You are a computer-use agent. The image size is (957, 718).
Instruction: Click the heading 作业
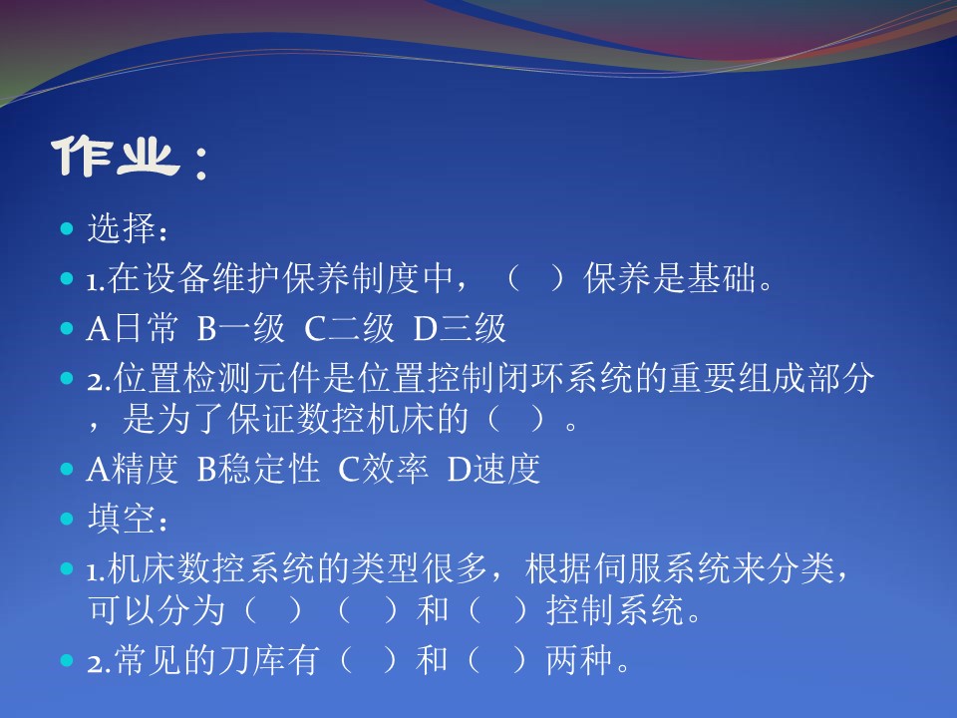tap(115, 158)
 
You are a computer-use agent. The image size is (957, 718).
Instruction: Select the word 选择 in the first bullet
tap(122, 228)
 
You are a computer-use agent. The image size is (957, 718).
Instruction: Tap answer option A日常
tap(132, 328)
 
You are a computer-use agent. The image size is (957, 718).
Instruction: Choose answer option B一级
tap(241, 328)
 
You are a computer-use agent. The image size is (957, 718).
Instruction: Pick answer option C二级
tap(350, 328)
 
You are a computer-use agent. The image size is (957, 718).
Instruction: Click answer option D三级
tap(460, 328)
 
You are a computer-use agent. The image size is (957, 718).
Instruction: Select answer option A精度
tap(132, 469)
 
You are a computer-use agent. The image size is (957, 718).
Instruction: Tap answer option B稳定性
tap(258, 469)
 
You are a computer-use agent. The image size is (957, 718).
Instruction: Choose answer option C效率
tap(383, 469)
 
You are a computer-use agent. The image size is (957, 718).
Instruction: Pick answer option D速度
tap(493, 469)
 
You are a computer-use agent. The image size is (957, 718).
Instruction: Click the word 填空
tap(122, 519)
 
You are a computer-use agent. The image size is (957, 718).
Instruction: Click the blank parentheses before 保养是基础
tap(535, 278)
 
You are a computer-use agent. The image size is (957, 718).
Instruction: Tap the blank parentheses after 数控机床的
tap(515, 420)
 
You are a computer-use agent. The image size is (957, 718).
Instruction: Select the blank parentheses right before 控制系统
tap(498, 609)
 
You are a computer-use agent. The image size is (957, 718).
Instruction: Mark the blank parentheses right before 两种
tap(498, 660)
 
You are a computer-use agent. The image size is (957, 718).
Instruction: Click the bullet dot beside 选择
tap(67, 229)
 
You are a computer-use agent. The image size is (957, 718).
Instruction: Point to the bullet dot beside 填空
tap(67, 519)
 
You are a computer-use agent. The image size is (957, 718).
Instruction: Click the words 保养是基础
tap(670, 278)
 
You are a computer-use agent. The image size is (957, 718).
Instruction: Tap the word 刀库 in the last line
tap(251, 660)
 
